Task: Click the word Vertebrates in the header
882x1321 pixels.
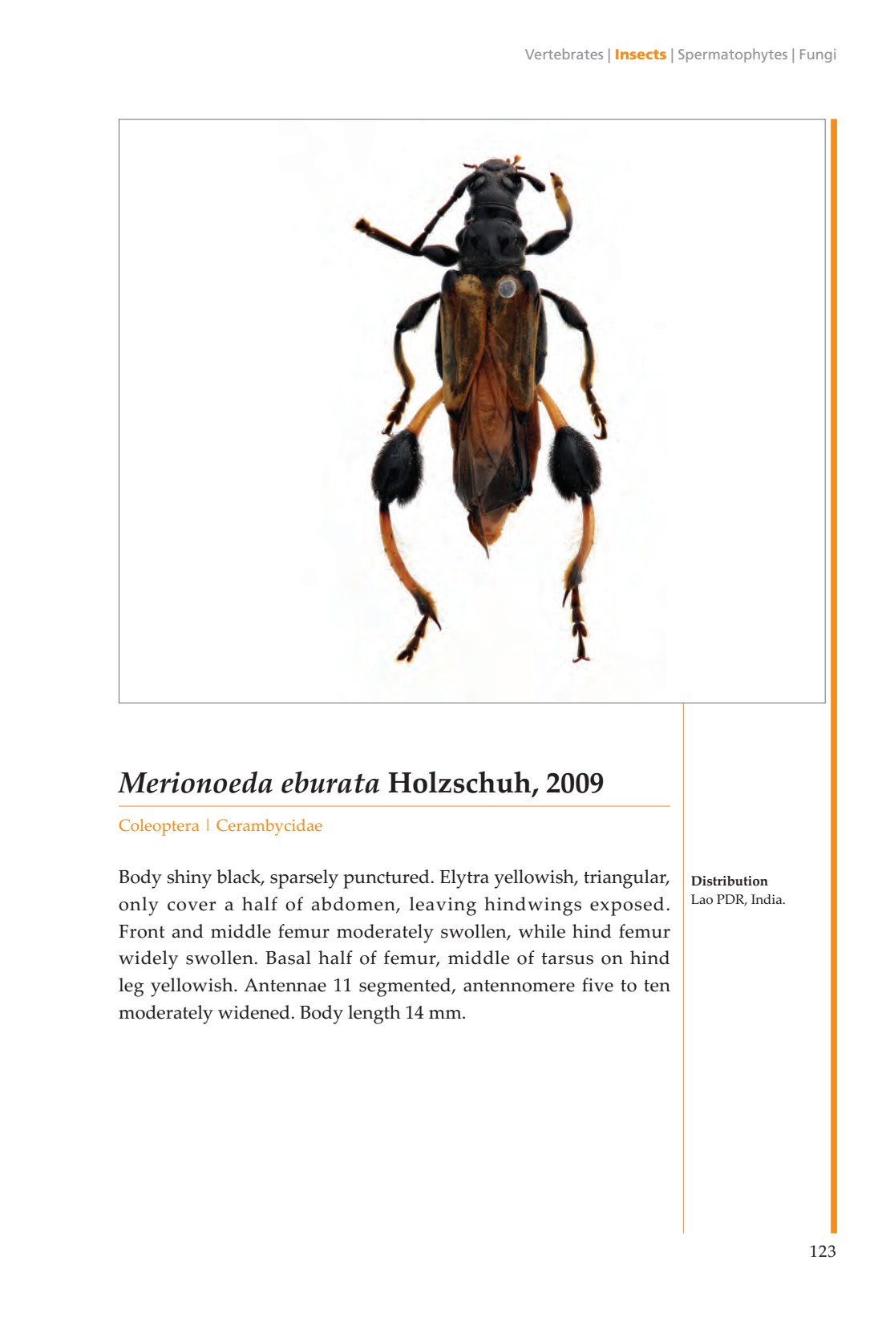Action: tap(564, 55)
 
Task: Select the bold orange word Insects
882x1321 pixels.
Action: tap(640, 55)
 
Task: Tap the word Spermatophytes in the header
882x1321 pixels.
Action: tap(732, 55)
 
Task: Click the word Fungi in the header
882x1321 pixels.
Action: tap(817, 55)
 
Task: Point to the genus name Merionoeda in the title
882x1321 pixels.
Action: tap(196, 783)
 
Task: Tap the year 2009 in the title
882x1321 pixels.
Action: tap(574, 783)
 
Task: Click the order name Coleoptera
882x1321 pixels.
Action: tap(159, 825)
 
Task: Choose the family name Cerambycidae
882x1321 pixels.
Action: tap(269, 825)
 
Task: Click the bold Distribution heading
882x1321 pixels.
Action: tap(729, 881)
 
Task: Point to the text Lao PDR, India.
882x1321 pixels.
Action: tap(738, 899)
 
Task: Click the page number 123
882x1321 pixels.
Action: tap(823, 1251)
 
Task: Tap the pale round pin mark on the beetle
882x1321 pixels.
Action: tap(506, 288)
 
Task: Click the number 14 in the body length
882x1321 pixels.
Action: tap(414, 1012)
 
